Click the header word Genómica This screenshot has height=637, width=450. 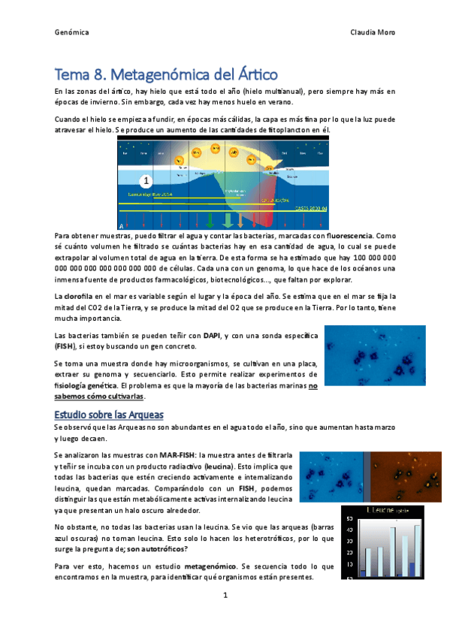pyautogui.click(x=72, y=32)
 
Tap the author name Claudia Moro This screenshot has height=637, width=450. pyautogui.click(x=373, y=32)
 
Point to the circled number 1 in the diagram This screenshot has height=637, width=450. pyautogui.click(x=146, y=181)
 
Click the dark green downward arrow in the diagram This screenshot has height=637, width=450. pyautogui.click(x=210, y=220)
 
